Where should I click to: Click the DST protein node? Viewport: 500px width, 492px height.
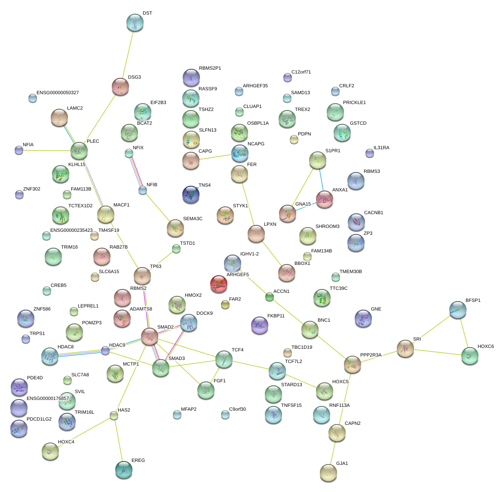click(135, 23)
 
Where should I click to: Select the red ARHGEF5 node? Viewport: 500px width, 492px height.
click(219, 284)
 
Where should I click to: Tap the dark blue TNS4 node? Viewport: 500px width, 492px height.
click(191, 195)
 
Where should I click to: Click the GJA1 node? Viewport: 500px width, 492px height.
click(328, 473)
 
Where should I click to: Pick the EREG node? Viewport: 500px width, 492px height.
click(124, 470)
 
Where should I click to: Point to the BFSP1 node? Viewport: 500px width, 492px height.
click(457, 310)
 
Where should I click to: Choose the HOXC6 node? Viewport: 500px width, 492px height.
click(469, 356)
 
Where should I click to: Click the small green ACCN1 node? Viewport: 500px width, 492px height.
click(270, 297)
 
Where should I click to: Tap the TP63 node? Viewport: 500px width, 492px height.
click(142, 276)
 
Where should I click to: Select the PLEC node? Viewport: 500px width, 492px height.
click(79, 151)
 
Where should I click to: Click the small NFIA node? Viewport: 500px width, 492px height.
click(19, 150)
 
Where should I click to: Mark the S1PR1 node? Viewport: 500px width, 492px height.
click(317, 160)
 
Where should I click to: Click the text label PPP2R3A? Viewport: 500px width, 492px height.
click(371, 355)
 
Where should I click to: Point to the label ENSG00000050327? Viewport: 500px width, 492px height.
click(58, 93)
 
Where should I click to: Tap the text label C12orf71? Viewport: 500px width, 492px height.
click(301, 72)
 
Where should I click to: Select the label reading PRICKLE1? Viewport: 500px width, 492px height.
click(354, 103)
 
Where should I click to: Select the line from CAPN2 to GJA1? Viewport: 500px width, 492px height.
click(333, 452)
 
